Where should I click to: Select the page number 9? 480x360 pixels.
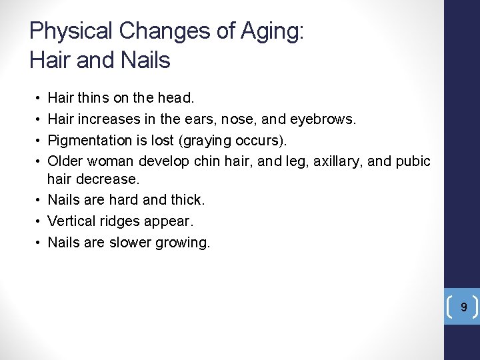tap(464, 307)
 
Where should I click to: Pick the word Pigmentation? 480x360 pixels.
tap(90, 140)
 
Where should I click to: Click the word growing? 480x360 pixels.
tap(182, 242)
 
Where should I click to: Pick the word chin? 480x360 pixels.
tap(206, 161)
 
